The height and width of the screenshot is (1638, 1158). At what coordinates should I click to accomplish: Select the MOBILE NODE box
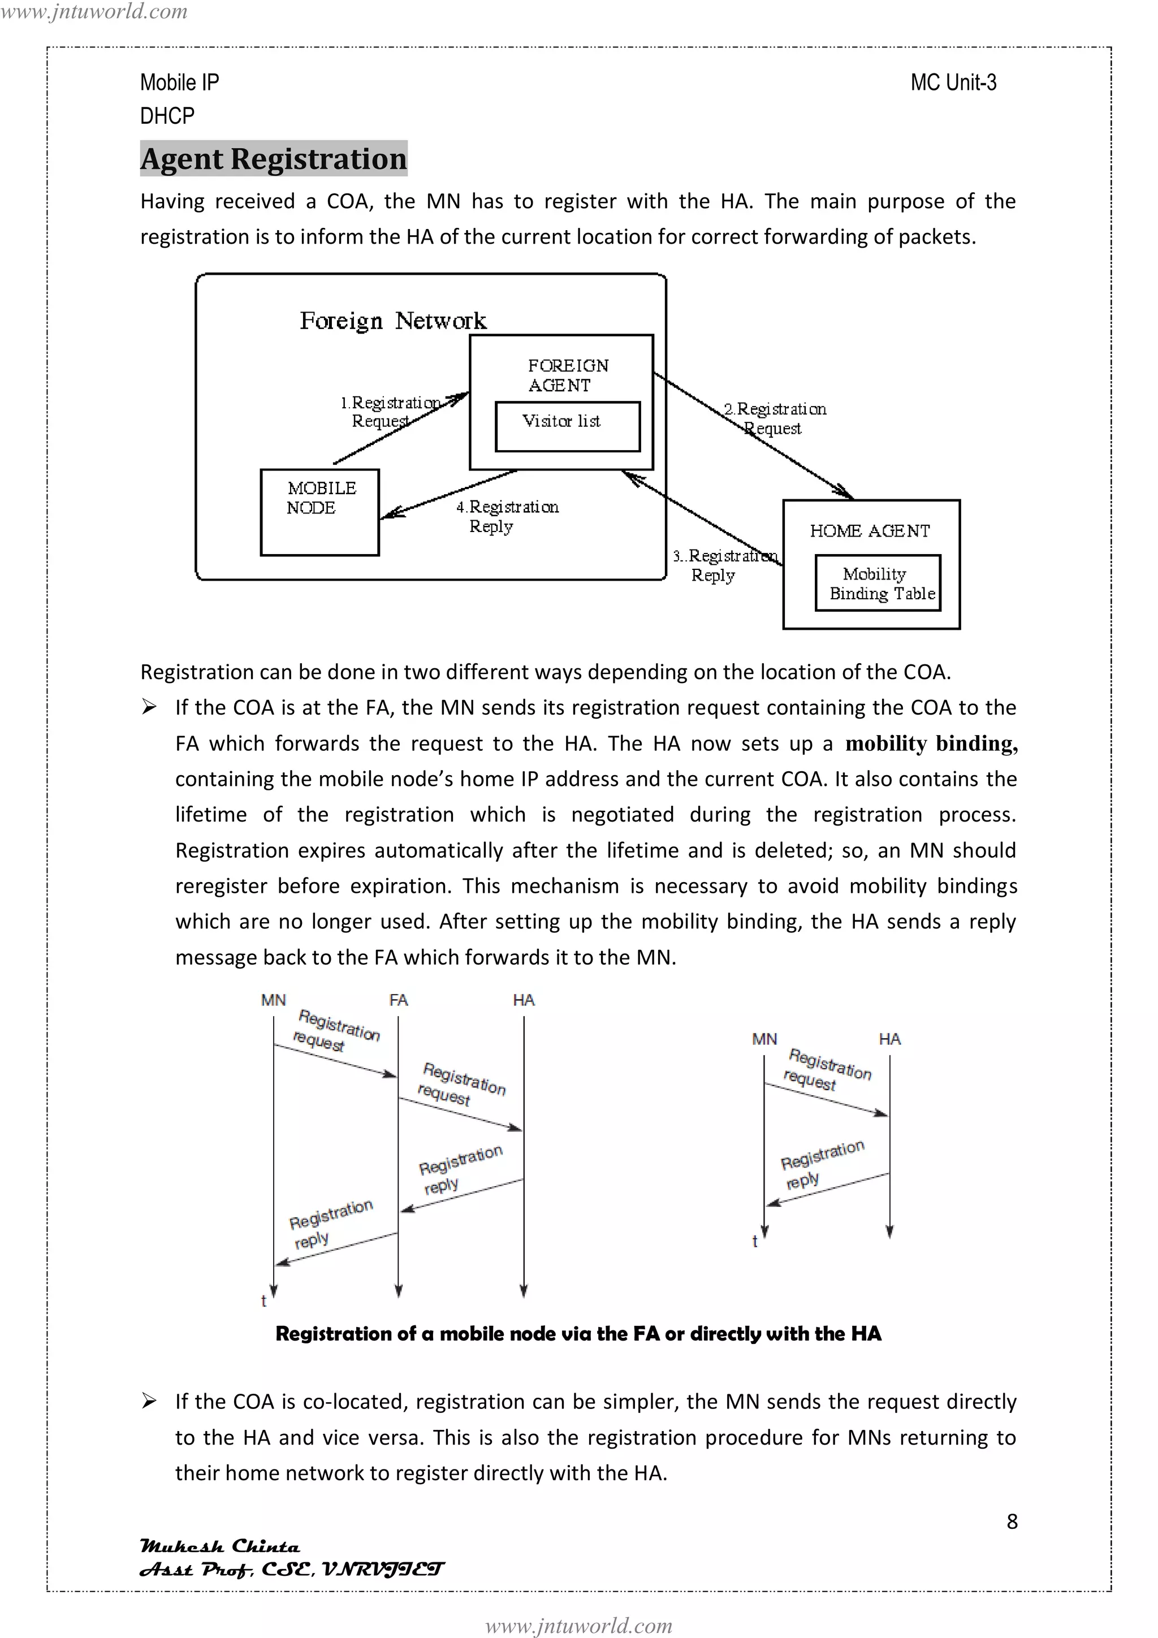click(319, 512)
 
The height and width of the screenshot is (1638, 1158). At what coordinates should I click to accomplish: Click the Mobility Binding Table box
click(878, 583)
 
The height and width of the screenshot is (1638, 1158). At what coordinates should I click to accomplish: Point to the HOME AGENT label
click(870, 531)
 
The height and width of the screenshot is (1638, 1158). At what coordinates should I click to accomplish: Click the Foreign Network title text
click(392, 321)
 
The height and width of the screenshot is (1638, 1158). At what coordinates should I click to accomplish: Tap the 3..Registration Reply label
click(724, 565)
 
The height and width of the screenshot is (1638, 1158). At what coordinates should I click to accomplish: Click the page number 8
click(1012, 1522)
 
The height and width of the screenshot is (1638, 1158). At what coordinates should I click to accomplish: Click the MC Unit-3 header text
click(953, 83)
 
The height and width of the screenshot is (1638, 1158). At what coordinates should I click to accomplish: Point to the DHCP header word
click(167, 115)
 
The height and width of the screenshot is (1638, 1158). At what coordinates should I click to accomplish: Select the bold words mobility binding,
click(931, 744)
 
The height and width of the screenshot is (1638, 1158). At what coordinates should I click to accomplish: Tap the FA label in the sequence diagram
click(398, 1000)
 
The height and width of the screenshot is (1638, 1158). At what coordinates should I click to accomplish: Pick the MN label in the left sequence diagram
click(273, 1000)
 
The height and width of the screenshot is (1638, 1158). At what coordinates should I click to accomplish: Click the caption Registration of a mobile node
click(578, 1333)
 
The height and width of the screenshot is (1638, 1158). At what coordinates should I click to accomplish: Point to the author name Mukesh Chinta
click(220, 1546)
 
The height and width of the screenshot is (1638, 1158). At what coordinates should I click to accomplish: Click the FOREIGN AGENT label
click(568, 375)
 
